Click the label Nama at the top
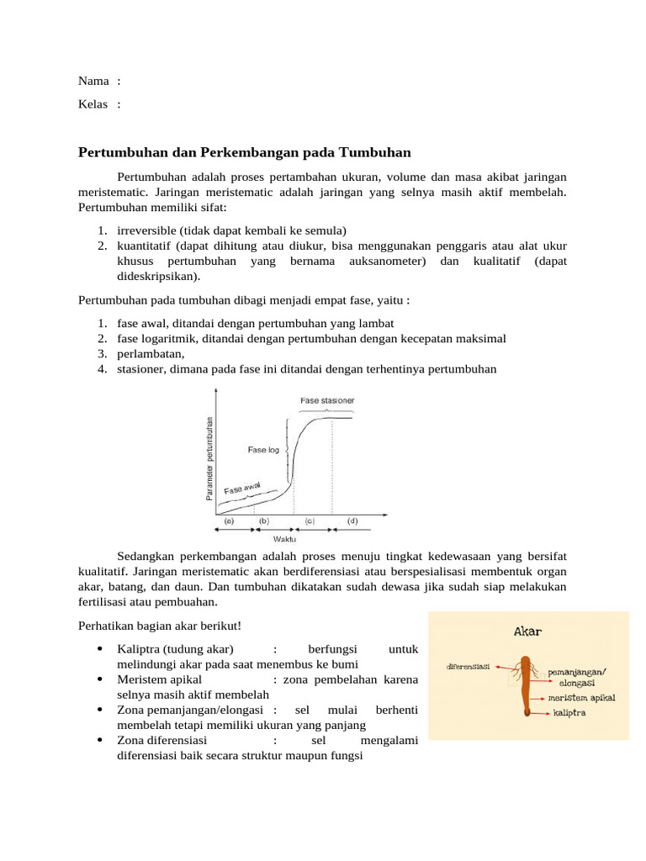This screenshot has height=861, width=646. tap(93, 81)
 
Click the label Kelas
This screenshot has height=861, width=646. tap(93, 104)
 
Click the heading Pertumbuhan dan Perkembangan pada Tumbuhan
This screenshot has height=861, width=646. tap(244, 152)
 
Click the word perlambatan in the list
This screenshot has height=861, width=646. tap(148, 353)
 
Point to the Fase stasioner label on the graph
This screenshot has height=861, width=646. tap(327, 400)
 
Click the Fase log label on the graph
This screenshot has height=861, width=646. tap(262, 450)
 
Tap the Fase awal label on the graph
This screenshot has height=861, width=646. tap(242, 488)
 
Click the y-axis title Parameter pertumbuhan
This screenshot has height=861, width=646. tap(209, 457)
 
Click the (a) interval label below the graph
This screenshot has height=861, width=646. tap(228, 521)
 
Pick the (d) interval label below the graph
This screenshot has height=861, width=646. tap(352, 521)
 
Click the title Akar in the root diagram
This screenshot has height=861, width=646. tap(527, 631)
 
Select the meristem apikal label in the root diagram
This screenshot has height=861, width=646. tap(581, 698)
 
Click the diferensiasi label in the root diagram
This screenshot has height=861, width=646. tap(468, 666)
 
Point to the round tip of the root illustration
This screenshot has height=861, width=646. tap(527, 714)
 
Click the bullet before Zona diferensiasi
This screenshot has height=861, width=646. tap(99, 741)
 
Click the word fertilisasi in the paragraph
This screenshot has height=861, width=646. tap(108, 602)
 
